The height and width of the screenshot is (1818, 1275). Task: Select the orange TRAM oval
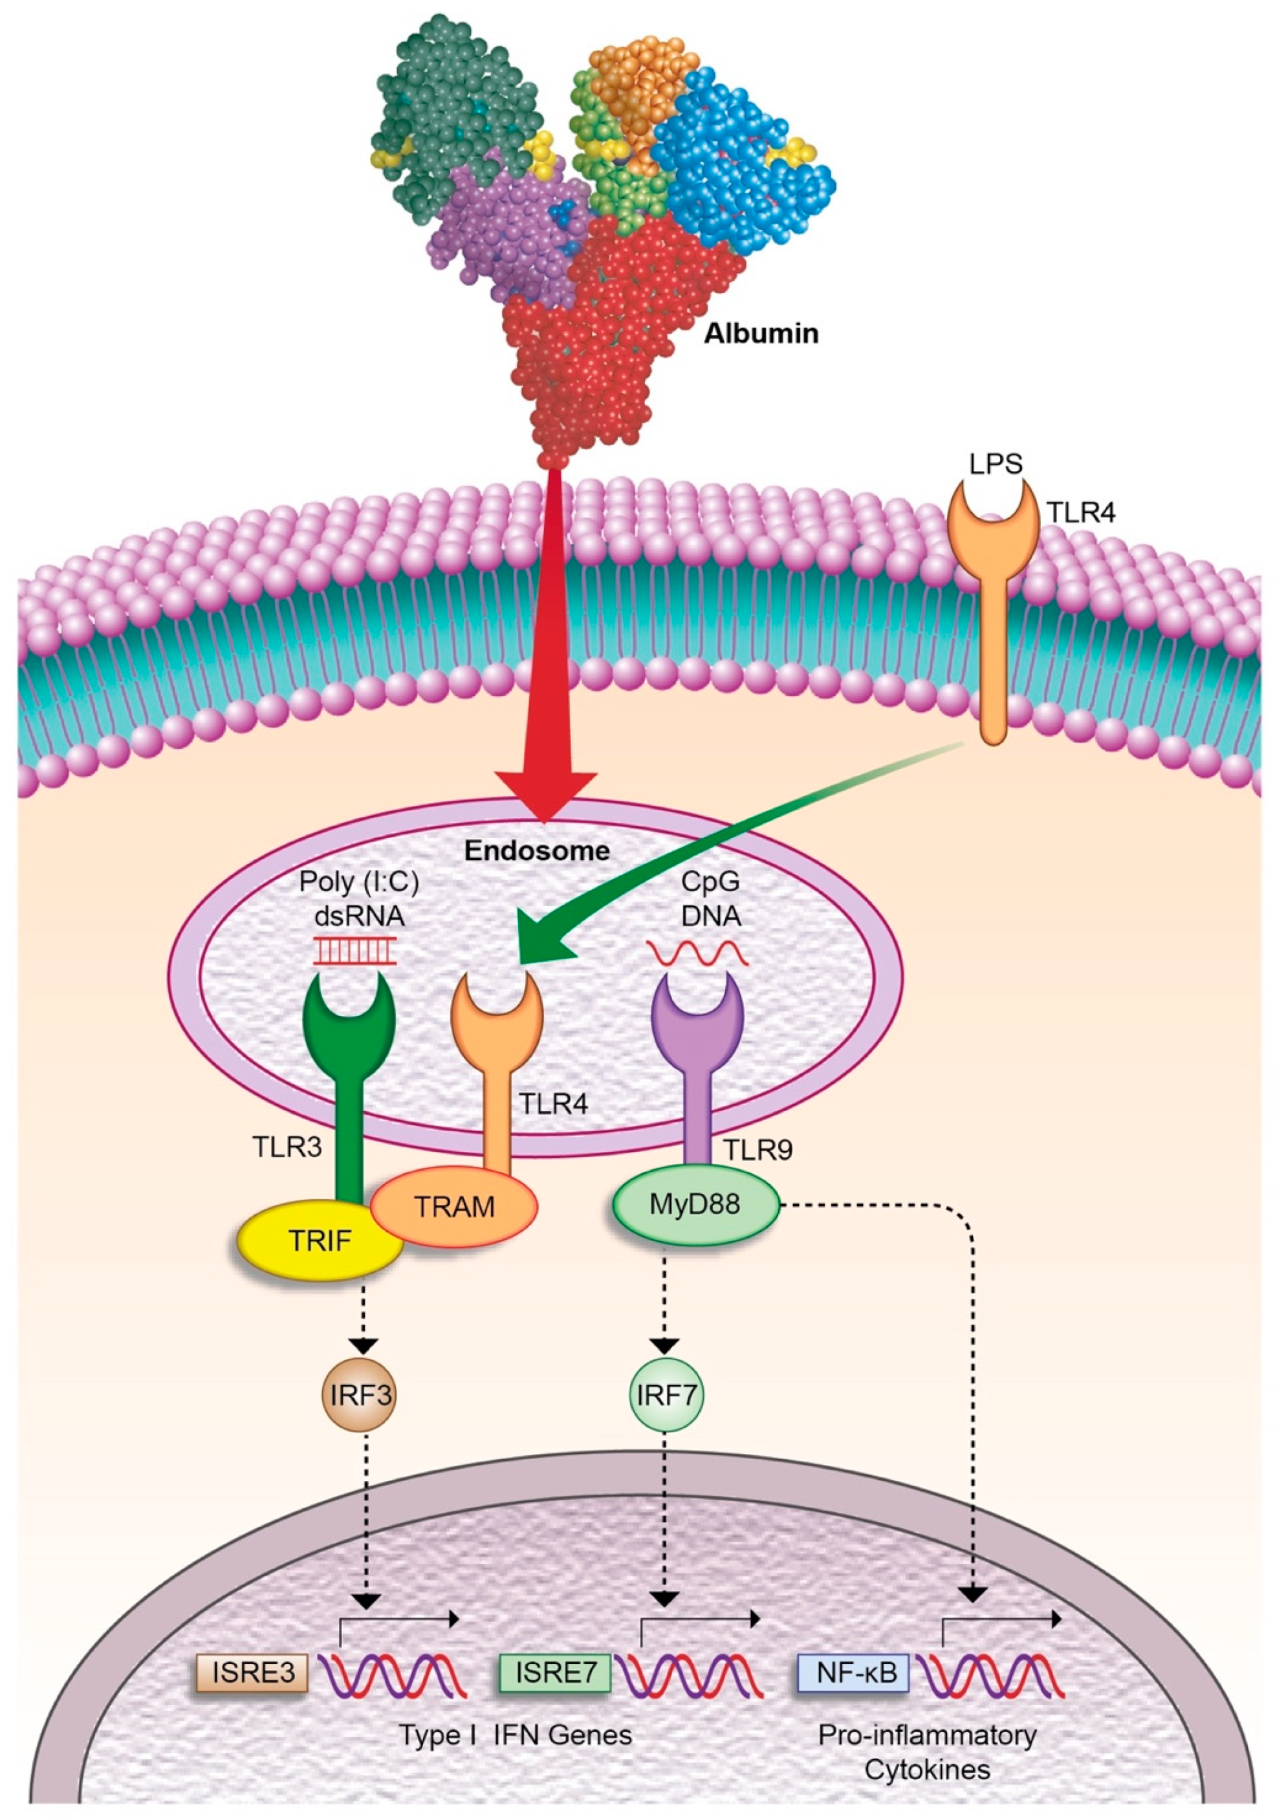tap(455, 1206)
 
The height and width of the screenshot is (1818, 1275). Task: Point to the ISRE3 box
tap(252, 1672)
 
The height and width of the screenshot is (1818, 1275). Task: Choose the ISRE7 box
tap(554, 1672)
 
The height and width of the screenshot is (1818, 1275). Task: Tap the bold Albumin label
tap(761, 333)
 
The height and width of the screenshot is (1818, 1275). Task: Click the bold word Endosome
tap(537, 850)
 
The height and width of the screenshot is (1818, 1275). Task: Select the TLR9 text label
tap(757, 1149)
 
